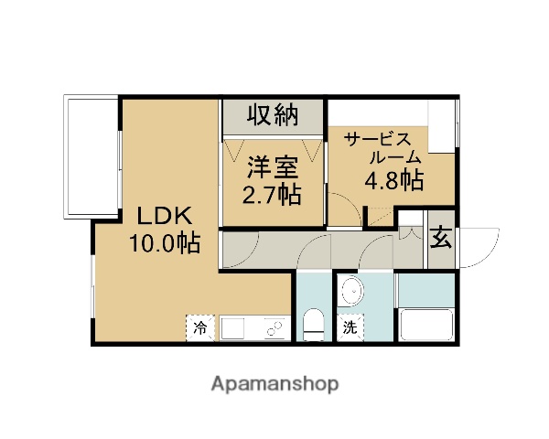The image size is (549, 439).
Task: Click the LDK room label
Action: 164,217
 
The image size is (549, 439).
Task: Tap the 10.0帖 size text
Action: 165,243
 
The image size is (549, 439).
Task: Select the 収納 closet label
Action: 273,116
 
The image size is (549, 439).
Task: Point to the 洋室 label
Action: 273,168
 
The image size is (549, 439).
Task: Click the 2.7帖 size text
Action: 273,194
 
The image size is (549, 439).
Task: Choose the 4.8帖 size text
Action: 393,180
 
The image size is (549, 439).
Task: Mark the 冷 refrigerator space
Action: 199,327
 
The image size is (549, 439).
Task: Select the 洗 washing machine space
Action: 350,327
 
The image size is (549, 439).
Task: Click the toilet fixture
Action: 314,322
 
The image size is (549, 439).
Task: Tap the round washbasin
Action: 350,293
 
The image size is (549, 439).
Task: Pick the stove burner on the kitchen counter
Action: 273,327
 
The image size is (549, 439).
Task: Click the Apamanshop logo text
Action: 274,383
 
